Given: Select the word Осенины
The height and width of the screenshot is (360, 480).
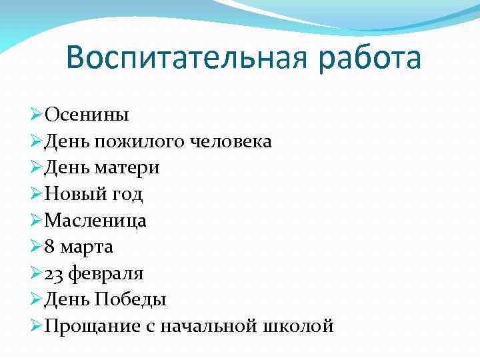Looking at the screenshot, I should [87, 115].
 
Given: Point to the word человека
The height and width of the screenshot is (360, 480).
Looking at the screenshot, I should [231, 141].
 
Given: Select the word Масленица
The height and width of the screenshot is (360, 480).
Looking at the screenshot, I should [95, 221].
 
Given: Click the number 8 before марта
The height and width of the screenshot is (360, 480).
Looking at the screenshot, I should [50, 247].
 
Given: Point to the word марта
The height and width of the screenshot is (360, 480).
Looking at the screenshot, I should [87, 247].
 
